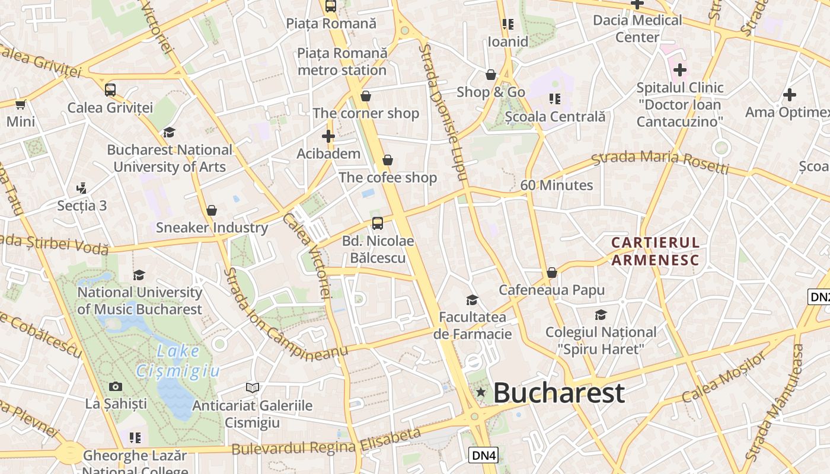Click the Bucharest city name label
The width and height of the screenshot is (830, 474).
point(558,393)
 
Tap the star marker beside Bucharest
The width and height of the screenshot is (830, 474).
point(481,392)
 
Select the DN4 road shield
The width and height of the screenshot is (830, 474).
point(484,455)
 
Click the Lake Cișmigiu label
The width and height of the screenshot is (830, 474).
point(178,361)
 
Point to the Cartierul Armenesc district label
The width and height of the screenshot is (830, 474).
point(656,251)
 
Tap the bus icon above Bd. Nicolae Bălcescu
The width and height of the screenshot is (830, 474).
point(378,223)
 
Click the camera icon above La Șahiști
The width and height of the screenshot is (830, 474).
point(116,386)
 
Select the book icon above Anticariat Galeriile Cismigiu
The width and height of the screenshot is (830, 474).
point(253,387)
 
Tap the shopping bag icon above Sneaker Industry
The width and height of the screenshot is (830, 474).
point(212,210)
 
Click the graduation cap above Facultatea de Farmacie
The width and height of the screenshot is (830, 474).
point(472,300)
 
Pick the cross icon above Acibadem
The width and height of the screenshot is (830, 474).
point(328,136)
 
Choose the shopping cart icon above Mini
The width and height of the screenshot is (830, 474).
point(21,104)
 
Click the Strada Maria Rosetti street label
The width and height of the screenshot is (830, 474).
point(660,162)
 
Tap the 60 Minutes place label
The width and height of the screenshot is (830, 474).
point(556,185)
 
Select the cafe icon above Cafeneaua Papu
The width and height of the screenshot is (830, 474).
point(552,273)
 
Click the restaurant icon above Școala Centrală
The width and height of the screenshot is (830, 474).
point(555,98)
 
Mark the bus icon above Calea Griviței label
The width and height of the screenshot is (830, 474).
point(110,90)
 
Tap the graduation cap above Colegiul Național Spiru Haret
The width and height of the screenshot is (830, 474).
point(601,315)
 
